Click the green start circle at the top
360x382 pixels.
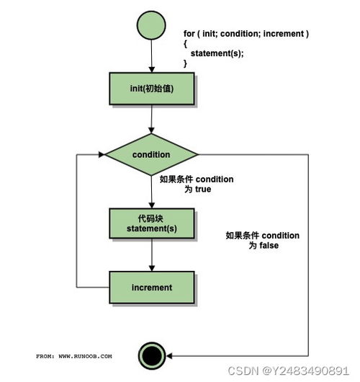pyautogui.click(x=151, y=25)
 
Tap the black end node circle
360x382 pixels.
pyautogui.click(x=152, y=355)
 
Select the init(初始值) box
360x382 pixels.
pyautogui.click(x=152, y=89)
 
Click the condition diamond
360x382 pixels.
pyautogui.click(x=151, y=154)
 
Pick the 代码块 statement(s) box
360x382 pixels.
pyautogui.click(x=152, y=223)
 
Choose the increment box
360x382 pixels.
pyautogui.click(x=152, y=288)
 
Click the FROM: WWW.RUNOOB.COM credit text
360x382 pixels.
pyautogui.click(x=74, y=356)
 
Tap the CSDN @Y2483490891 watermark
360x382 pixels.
pyautogui.click(x=289, y=370)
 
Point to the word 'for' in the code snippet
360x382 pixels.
pyautogui.click(x=189, y=34)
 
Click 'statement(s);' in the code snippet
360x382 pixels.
pyautogui.click(x=217, y=53)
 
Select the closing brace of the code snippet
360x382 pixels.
pyautogui.click(x=185, y=63)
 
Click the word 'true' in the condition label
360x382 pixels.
pyautogui.click(x=203, y=190)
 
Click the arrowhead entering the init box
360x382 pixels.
pyautogui.click(x=152, y=69)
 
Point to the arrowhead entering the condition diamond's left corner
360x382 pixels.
pyautogui.click(x=102, y=154)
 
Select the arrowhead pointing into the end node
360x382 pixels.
pyautogui.click(x=169, y=356)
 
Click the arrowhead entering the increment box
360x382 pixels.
pyautogui.click(x=152, y=268)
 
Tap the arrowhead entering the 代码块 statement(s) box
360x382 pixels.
pyautogui.click(x=152, y=205)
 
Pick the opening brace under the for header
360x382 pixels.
pyautogui.click(x=185, y=44)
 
